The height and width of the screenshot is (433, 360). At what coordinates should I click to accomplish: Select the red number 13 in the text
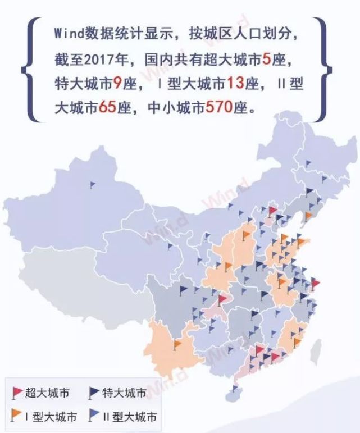(236, 83)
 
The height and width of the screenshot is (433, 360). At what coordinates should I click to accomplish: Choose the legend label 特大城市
(124, 393)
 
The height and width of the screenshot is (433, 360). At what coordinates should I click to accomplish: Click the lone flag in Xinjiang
(93, 184)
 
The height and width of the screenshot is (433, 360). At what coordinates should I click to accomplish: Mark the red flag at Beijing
(272, 211)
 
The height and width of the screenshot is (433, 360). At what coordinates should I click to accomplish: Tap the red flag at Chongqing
(222, 299)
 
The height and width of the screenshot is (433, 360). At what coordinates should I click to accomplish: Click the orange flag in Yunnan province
(177, 343)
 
